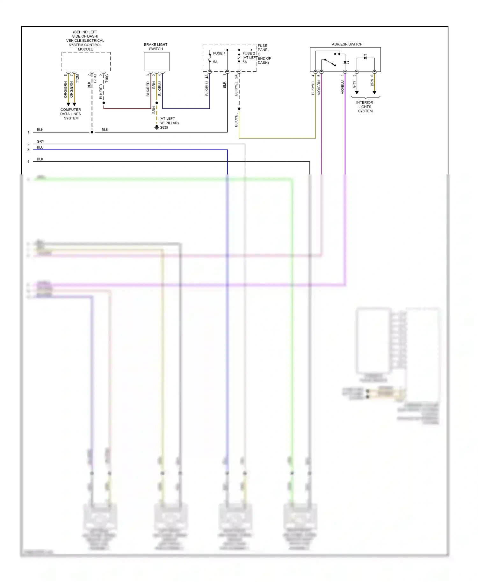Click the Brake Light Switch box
coord(156,61)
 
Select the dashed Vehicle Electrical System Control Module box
coord(86,61)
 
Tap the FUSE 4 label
coord(219,53)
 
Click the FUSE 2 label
coord(249,53)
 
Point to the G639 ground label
coord(164,127)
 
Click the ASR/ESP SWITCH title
coord(347,44)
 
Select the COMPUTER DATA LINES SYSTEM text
coord(71,114)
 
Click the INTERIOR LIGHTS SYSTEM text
coord(365,107)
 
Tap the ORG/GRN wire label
coord(66,89)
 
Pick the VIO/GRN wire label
coord(319,88)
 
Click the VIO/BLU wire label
coord(342,87)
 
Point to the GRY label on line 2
coord(40,141)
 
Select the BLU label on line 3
coord(40,147)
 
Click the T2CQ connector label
coord(95,79)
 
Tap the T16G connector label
coord(107,78)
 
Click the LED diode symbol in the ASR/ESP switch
coord(365,58)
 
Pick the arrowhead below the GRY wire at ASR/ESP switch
coord(357,93)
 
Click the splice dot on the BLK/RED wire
coord(104,103)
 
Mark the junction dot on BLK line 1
coord(92,132)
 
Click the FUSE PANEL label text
coord(264,48)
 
